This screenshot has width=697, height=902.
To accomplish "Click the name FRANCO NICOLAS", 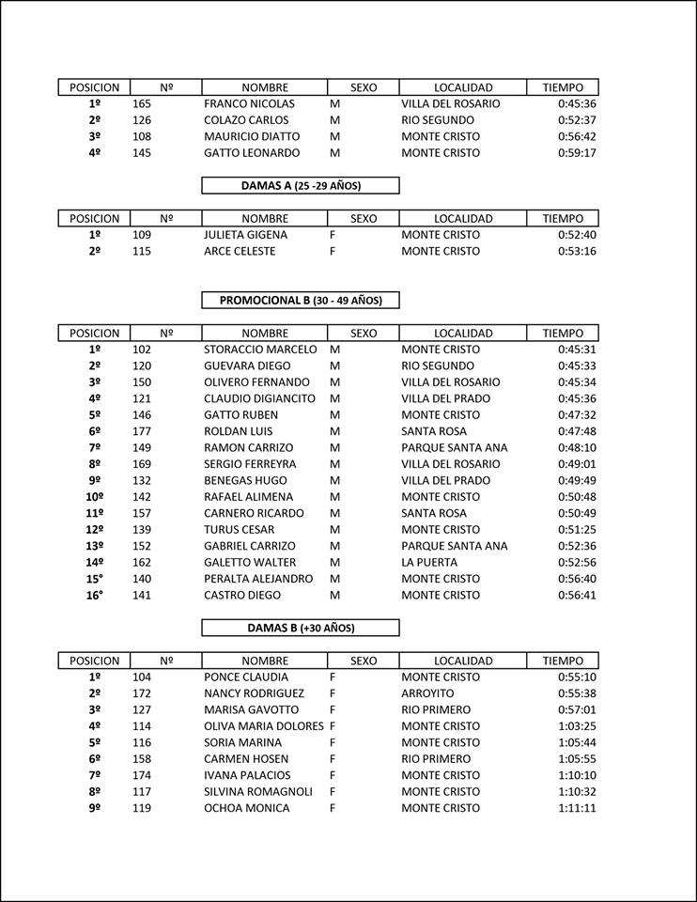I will point(249,104).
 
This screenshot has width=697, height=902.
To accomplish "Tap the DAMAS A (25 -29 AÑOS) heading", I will point(301,186).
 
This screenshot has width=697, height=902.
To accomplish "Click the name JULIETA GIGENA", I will point(245,235).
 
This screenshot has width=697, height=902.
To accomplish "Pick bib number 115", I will point(142,252).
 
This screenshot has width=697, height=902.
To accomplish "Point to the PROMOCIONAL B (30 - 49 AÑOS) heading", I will point(301,301).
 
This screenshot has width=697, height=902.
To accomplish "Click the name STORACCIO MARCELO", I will point(261,350).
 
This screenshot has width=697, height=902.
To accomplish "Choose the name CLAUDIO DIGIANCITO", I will point(259,398).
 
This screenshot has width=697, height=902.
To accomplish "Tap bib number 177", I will point(142,431).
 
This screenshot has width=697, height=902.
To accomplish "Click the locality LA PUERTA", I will point(428,563).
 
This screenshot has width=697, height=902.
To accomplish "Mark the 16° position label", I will point(95,596).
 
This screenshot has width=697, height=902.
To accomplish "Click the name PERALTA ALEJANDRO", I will point(257,579).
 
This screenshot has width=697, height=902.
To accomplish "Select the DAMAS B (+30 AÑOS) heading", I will point(301,628).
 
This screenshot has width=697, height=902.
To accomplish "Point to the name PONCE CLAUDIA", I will point(246,677).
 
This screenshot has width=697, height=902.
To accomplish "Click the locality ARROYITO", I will point(427,693).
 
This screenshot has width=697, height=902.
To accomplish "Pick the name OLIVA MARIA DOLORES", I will point(263,726).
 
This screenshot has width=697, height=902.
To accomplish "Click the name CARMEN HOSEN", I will point(246,759).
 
